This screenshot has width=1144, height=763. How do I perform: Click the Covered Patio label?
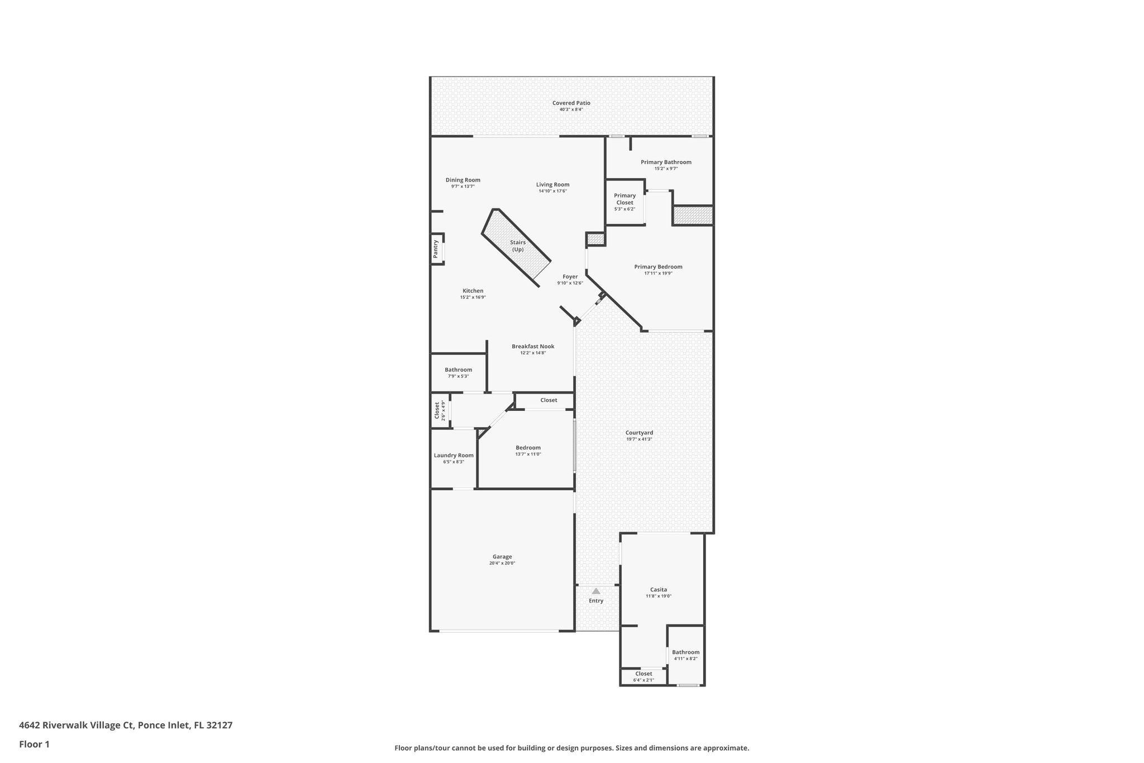pos(571,103)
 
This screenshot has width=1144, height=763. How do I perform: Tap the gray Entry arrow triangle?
pos(596,591)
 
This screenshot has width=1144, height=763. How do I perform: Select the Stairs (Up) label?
pos(518,246)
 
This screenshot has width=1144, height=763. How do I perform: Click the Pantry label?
pos(436,249)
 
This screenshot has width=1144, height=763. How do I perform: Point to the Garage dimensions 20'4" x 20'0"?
pos(502,563)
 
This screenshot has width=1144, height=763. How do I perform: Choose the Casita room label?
pos(658,590)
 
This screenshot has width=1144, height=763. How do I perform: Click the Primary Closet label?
pos(625,199)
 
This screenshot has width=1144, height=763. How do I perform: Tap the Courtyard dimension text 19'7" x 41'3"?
pos(639,439)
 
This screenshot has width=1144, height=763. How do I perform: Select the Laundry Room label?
pos(454,456)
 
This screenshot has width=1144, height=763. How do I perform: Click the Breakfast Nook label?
pos(533,347)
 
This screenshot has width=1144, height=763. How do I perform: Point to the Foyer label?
pos(570,277)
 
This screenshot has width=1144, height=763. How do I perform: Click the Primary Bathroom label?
pos(666,162)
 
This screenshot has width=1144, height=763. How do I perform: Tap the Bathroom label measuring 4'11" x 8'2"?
pos(685,652)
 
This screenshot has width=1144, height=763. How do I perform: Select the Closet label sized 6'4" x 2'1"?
pos(643,674)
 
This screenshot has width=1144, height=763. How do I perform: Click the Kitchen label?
pos(473,291)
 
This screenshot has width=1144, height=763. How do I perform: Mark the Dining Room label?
pos(463,180)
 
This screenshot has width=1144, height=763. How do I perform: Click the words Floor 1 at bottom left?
pos(35,744)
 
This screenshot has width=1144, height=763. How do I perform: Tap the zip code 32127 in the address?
pos(220,726)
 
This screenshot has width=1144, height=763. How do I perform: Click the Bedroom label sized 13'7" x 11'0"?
pos(528,448)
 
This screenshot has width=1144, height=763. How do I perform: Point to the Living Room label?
pos(552,184)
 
